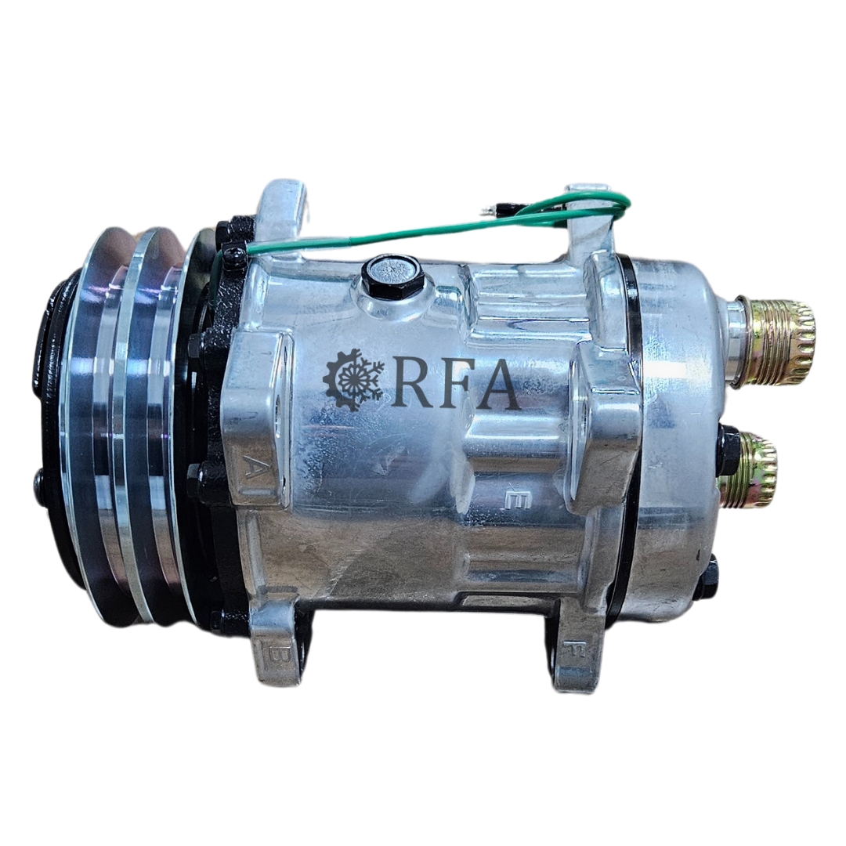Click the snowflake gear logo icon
(x=353, y=380)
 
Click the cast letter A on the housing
(x=252, y=465)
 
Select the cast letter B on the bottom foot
(x=277, y=656)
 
